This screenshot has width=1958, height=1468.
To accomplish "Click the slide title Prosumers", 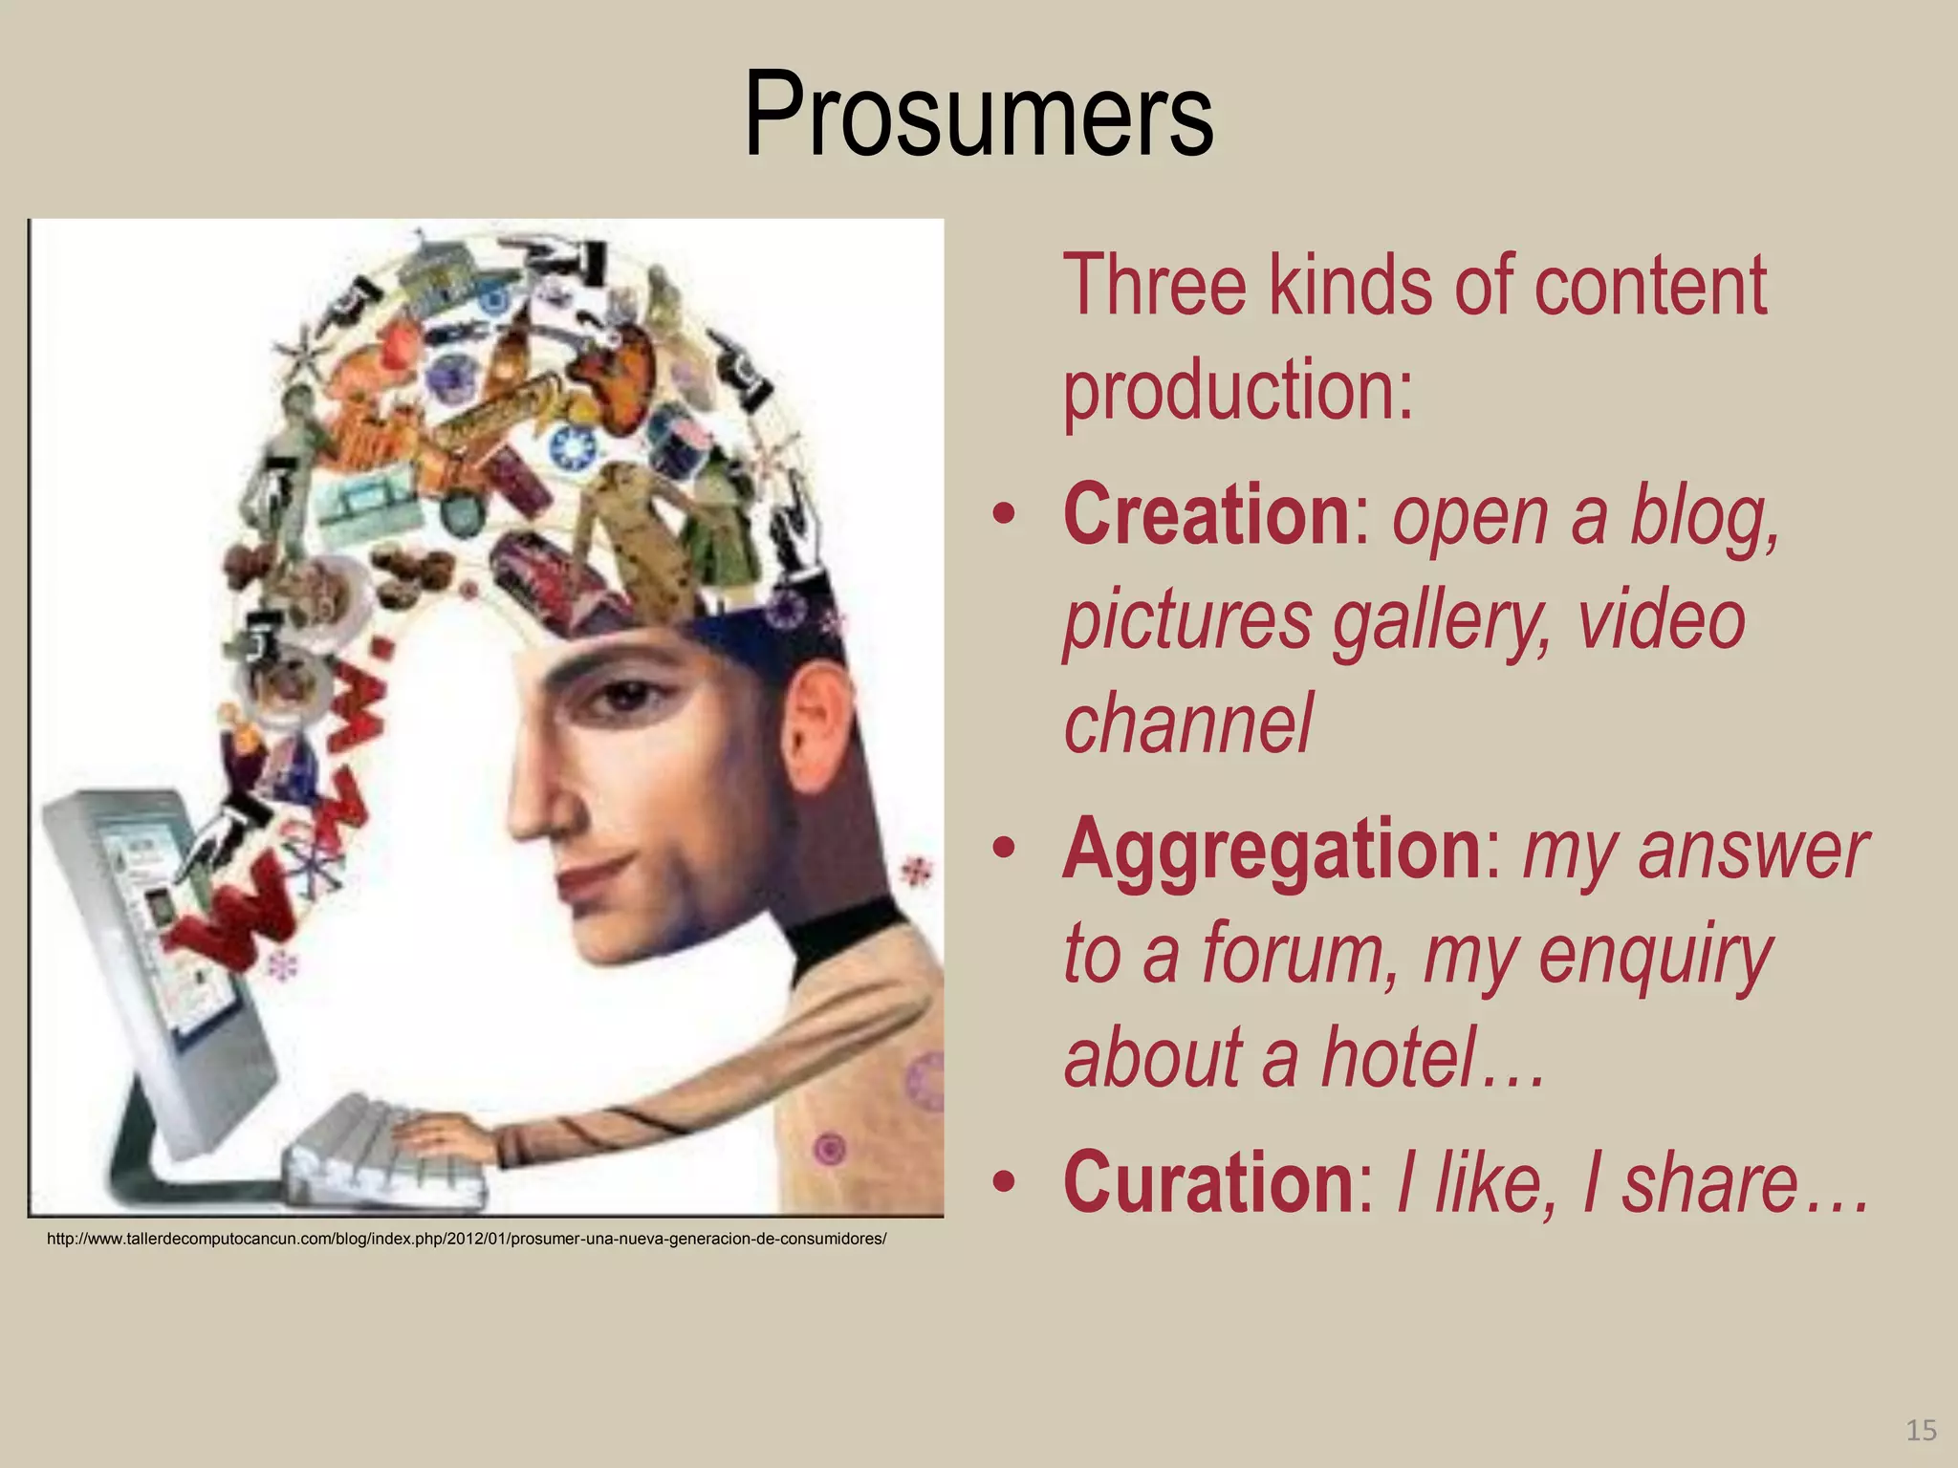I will tap(978, 115).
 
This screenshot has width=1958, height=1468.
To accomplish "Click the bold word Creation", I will tap(1206, 515).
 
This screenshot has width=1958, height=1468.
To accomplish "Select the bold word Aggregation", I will tap(1272, 849).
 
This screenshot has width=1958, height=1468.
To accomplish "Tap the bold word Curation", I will tap(1207, 1182).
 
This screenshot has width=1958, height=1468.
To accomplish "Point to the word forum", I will tap(1300, 953).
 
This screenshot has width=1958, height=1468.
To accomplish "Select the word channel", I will tap(1188, 723).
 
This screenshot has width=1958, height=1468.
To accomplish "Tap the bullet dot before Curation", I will tap(1003, 1184).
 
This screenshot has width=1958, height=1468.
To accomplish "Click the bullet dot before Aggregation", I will tap(1003, 850).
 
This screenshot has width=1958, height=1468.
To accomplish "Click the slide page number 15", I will tap(1921, 1430).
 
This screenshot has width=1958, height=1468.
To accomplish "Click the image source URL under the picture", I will tap(467, 1240).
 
